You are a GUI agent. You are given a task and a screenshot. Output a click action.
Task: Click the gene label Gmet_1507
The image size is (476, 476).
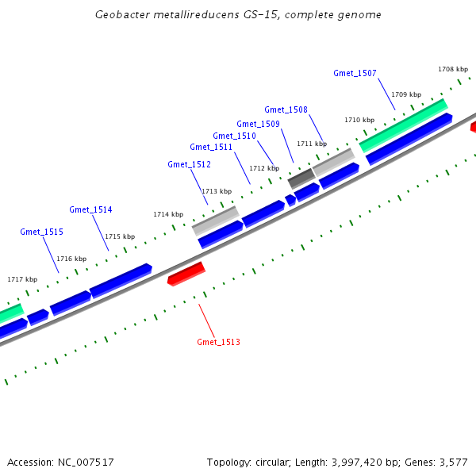pyautogui.click(x=355, y=73)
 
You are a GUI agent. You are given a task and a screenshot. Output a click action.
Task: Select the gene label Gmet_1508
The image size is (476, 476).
pyautogui.click(x=286, y=109)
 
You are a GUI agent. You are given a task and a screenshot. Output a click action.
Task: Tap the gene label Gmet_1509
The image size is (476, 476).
pyautogui.click(x=258, y=124)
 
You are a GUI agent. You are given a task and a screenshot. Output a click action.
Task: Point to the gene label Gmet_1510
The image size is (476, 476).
pyautogui.click(x=234, y=136)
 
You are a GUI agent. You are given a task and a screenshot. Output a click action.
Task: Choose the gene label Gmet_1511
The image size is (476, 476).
pyautogui.click(x=211, y=147)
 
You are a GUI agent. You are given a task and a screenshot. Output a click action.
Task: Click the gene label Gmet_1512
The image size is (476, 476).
pyautogui.click(x=189, y=164)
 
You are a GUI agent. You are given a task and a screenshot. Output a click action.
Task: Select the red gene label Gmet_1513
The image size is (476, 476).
pyautogui.click(x=218, y=342)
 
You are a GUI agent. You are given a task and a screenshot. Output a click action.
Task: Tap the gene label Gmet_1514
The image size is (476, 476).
pyautogui.click(x=90, y=209)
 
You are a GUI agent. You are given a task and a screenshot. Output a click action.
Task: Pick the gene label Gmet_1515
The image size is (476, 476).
pyautogui.click(x=41, y=232)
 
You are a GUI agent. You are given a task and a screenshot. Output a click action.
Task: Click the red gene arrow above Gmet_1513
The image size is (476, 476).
pyautogui.click(x=186, y=274)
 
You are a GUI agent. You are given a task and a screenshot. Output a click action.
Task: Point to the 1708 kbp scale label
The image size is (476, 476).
pyautogui.click(x=452, y=69)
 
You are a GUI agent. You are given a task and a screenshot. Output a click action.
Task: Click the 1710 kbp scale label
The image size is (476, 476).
pyautogui.click(x=359, y=120)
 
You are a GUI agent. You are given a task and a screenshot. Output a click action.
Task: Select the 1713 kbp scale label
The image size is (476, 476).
pyautogui.click(x=216, y=191)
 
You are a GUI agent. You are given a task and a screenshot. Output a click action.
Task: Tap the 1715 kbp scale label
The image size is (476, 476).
pyautogui.click(x=120, y=236)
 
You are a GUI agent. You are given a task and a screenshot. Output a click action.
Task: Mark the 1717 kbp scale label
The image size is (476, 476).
pyautogui.click(x=22, y=279)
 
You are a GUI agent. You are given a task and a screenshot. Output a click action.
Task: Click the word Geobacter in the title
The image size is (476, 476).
pyautogui.click(x=121, y=14)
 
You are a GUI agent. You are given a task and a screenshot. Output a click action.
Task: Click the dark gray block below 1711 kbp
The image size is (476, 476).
pyautogui.click(x=301, y=178)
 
